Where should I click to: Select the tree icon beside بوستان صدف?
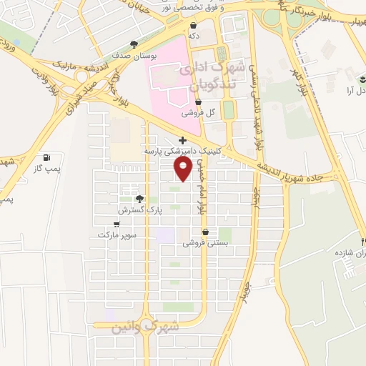click(x=134, y=44)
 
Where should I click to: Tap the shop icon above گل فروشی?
click(x=197, y=102)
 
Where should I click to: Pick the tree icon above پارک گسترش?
click(x=139, y=199)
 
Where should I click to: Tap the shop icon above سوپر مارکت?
click(x=116, y=224)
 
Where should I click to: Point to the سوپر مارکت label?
click(x=116, y=234)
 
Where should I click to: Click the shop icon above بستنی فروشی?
click(x=206, y=232)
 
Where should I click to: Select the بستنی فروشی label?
click(x=206, y=243)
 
